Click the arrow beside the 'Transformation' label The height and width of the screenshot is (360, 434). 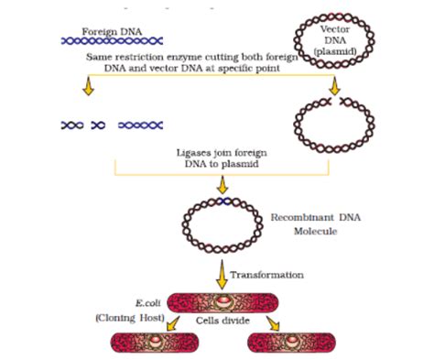[x=220, y=272]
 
